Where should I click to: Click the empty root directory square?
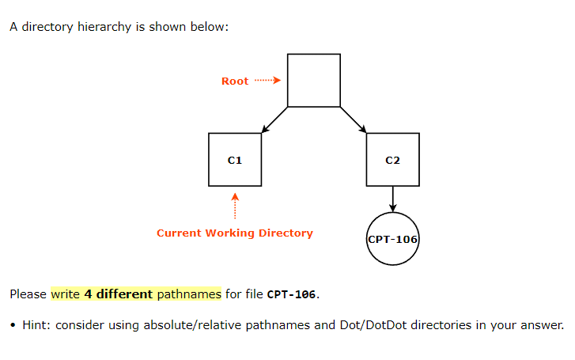tap(314, 80)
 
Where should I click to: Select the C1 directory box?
tap(235, 160)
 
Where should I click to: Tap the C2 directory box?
tap(393, 160)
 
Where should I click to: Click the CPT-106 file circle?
tap(393, 238)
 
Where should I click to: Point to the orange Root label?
tap(235, 81)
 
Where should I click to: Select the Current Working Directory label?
tap(235, 233)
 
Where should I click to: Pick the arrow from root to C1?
tap(274, 119)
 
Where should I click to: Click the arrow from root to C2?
tap(354, 119)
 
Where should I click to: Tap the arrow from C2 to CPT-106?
tap(393, 199)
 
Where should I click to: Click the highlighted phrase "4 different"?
tap(118, 294)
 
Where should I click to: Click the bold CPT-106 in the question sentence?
tap(292, 295)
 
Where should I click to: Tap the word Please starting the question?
tap(28, 294)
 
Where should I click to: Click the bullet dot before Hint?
tap(14, 325)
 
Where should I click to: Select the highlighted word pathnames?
tap(189, 294)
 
